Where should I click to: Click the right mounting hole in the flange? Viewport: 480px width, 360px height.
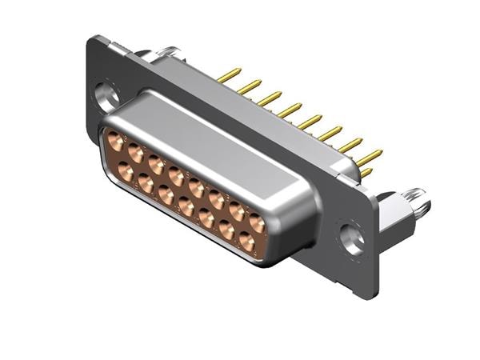[350, 238]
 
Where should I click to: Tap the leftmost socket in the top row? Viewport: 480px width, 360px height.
[116, 138]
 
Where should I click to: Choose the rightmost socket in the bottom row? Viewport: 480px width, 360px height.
[246, 242]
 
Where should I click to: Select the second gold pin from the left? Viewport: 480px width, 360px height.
[250, 86]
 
